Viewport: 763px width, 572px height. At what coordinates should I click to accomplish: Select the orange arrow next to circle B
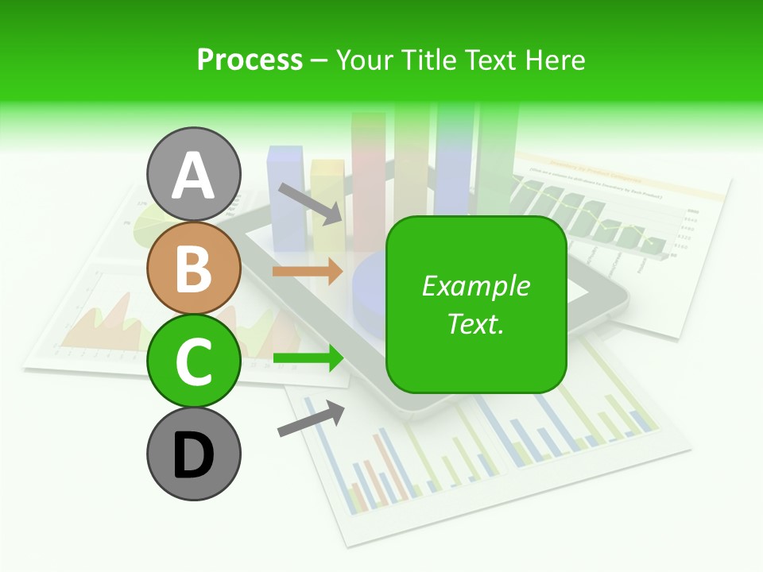[x=308, y=271]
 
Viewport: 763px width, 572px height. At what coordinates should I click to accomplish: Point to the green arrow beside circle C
[x=308, y=358]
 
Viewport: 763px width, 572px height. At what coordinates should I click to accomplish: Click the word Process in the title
[x=250, y=60]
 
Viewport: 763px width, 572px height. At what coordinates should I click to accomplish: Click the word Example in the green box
[x=475, y=287]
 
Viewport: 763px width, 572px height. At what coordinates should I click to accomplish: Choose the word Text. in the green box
[x=475, y=323]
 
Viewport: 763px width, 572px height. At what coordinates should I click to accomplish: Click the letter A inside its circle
[x=194, y=176]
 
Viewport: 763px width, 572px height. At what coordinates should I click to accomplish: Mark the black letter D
[x=194, y=455]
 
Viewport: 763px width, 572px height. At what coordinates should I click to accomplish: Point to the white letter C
[x=194, y=362]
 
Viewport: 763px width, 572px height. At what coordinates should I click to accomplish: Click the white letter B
[x=194, y=269]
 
